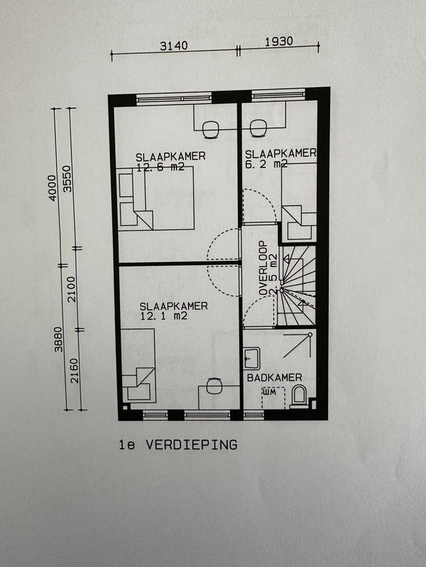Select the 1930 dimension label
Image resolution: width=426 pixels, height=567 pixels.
(x=278, y=42)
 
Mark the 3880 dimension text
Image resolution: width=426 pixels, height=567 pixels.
(x=55, y=340)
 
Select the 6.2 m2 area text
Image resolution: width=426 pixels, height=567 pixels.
(x=266, y=164)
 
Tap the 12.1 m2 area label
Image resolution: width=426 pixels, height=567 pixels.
(x=163, y=316)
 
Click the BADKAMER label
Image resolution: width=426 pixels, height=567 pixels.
(x=275, y=378)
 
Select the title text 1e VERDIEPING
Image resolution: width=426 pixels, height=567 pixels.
(x=178, y=445)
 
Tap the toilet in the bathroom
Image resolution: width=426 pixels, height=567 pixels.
(x=299, y=396)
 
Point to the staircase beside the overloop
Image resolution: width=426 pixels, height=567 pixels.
(x=295, y=287)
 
